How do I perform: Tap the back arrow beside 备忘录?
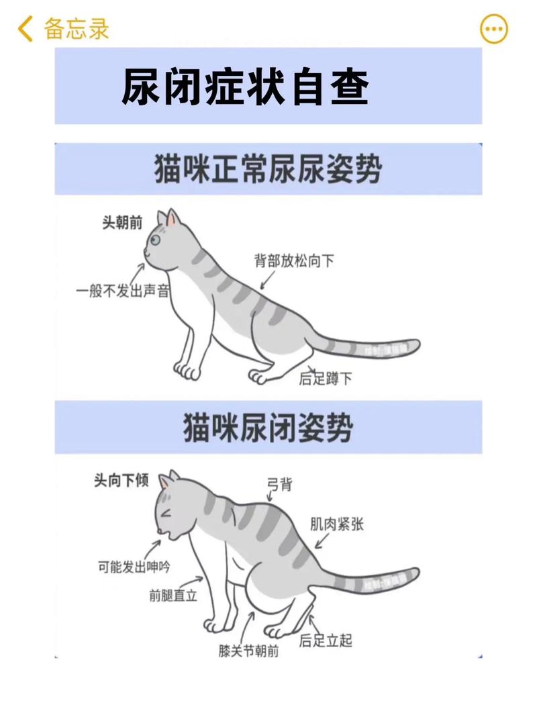click(x=26, y=29)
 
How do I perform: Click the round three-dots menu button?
click(x=494, y=29)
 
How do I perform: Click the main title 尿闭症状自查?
click(x=245, y=87)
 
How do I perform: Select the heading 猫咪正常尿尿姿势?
click(x=268, y=169)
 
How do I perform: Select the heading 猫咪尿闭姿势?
click(x=268, y=428)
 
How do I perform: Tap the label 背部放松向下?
click(x=293, y=261)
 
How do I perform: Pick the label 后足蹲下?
click(x=326, y=379)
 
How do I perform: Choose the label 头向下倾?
click(x=121, y=481)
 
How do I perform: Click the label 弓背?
click(x=279, y=483)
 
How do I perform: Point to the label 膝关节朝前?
click(x=248, y=651)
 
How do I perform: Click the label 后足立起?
click(x=326, y=640)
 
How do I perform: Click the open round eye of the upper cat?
click(x=156, y=240)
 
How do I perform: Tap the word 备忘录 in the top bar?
click(x=77, y=29)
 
